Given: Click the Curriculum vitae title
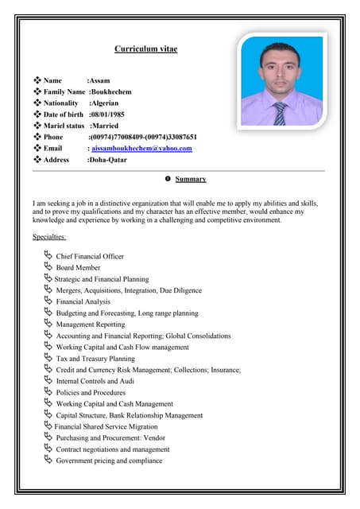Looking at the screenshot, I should coord(145,49).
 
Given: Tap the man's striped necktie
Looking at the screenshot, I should coord(279,113).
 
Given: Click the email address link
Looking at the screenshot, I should coord(141,149).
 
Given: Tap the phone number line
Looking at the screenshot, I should coord(142,137).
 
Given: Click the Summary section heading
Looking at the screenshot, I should coord(190,179).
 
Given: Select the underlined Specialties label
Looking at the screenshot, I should coord(49,236).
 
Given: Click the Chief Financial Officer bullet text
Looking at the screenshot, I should coord(90,257).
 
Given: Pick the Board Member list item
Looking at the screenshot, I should coord(78,268).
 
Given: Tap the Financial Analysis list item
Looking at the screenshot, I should coord(83,302).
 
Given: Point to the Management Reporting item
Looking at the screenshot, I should coord(90,324).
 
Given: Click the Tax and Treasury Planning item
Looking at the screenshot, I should coord(95,359).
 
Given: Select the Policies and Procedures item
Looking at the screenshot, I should coord(91,393).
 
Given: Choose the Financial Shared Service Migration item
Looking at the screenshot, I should coord(106,426).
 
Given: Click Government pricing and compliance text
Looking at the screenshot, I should coord(109,460).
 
